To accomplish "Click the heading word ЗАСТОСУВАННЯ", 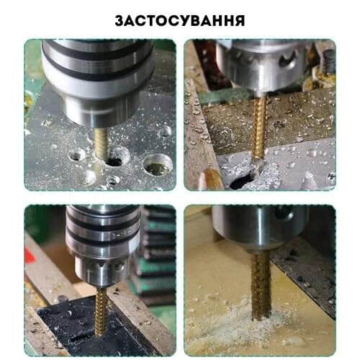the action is click(x=180, y=21).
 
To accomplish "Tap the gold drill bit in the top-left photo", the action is click(x=102, y=143).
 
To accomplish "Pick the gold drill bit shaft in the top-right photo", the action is click(x=261, y=126).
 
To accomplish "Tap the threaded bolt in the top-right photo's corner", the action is click(x=328, y=61).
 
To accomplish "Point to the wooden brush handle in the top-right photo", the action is click(x=212, y=179).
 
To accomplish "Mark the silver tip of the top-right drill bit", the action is click(x=258, y=166).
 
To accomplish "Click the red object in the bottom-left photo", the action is click(x=30, y=256).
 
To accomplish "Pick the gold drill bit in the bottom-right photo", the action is click(x=261, y=287).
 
